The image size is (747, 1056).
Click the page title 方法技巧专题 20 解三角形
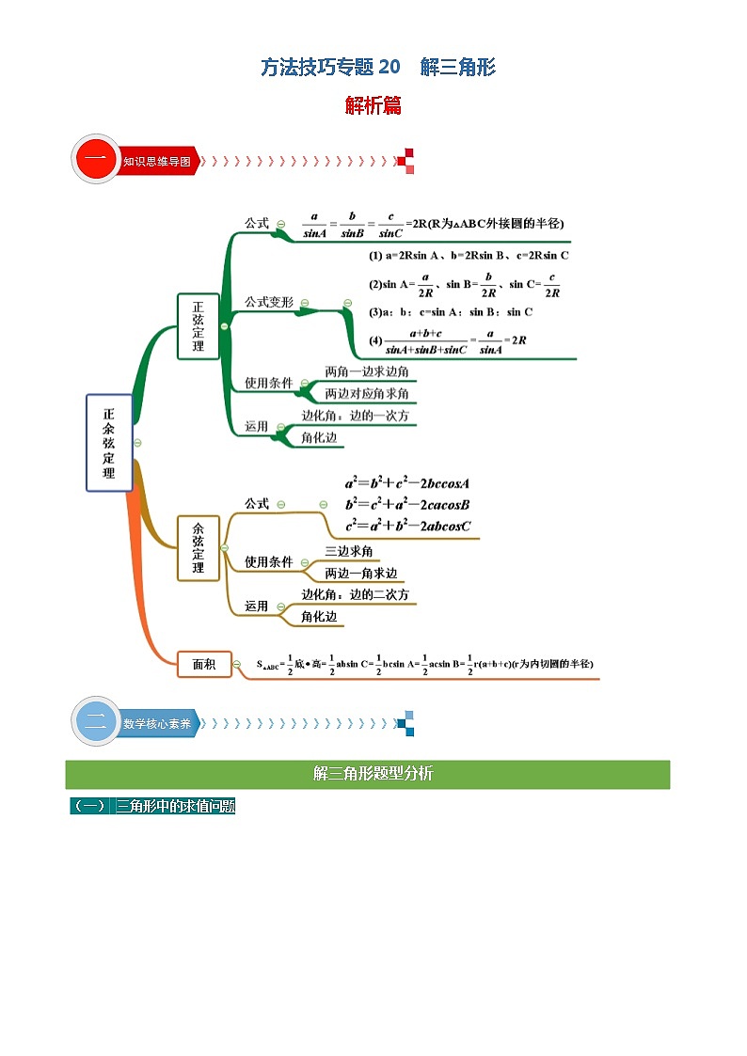(x=378, y=67)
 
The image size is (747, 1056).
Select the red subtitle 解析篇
(x=373, y=106)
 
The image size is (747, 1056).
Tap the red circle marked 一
(x=95, y=160)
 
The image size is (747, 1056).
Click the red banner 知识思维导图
(x=157, y=161)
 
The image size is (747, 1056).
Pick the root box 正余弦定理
(x=109, y=442)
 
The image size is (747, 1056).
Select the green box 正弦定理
(x=198, y=325)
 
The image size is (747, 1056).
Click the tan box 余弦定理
(x=198, y=547)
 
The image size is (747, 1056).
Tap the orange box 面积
(x=204, y=664)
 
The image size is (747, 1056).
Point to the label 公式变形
(x=269, y=302)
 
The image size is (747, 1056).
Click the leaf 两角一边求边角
(x=367, y=372)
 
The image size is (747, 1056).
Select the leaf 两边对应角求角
(x=367, y=394)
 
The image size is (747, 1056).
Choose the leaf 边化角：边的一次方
(x=355, y=416)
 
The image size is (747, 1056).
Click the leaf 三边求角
(x=349, y=551)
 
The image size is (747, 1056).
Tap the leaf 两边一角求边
(x=361, y=573)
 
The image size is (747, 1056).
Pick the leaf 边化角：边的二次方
(x=355, y=595)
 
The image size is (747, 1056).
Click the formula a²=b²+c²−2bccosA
(x=406, y=483)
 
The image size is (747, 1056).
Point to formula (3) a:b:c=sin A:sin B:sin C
(x=451, y=312)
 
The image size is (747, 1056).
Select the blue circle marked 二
(x=95, y=723)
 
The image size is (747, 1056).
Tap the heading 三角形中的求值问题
(x=175, y=806)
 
